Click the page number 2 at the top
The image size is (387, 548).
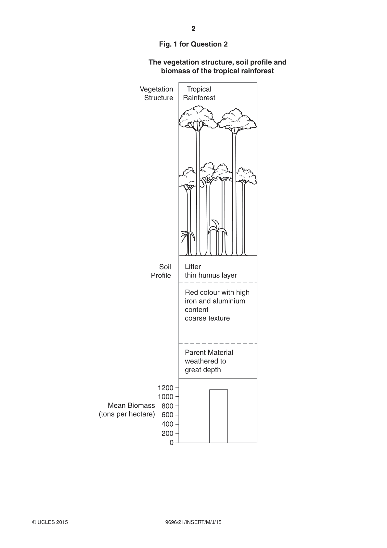pos(193,29)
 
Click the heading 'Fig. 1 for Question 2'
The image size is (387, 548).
pos(193,44)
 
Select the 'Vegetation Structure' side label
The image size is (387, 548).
pos(156,93)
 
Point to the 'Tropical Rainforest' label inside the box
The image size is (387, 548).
pos(199,93)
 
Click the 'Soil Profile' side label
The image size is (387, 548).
pos(161,271)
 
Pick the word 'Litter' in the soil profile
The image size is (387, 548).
pos(193,267)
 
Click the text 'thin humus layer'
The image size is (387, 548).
pos(211,275)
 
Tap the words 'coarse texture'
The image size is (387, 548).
pos(207,318)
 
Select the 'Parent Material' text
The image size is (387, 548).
pos(209,352)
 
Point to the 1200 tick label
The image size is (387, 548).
pos(165,388)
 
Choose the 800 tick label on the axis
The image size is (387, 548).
pos(167,406)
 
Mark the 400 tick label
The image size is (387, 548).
pos(167,424)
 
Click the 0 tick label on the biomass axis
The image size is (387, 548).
pos(172,443)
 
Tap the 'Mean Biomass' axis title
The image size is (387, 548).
pos(132,405)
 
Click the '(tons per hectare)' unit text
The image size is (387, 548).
pos(127,414)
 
